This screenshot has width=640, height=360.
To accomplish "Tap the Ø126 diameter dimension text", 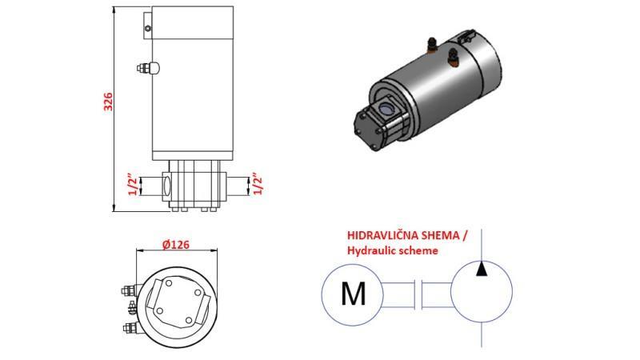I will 176,245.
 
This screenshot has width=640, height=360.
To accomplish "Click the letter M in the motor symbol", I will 353,294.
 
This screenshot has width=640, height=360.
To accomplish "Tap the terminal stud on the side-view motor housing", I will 148,69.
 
